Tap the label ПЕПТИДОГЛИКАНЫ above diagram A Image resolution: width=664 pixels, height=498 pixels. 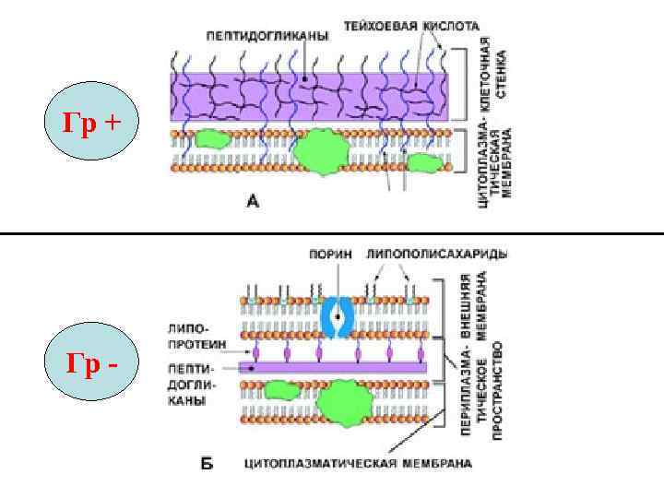click(x=267, y=35)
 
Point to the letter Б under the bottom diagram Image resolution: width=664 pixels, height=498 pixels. click(x=207, y=462)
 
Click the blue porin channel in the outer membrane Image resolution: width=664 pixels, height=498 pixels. click(x=337, y=318)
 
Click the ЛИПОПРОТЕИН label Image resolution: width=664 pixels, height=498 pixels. click(x=189, y=335)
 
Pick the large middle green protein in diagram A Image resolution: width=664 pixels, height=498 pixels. click(x=319, y=150)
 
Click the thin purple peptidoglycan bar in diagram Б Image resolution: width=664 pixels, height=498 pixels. click(x=332, y=367)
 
